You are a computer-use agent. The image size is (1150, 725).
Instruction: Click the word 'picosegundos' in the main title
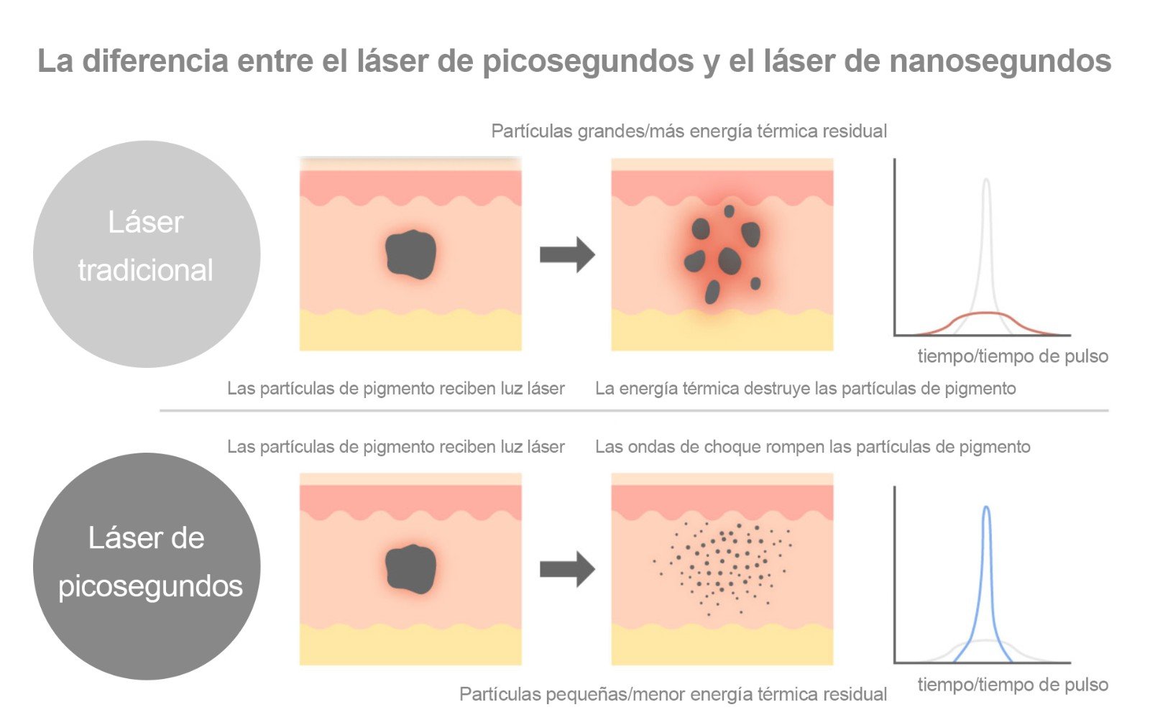[588, 62]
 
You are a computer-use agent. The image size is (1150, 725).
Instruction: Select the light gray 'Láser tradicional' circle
[147, 254]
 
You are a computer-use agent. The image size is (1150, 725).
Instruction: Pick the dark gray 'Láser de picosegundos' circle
[147, 566]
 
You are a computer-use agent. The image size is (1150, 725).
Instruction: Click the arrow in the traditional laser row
[567, 254]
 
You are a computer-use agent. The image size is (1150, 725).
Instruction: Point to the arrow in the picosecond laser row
[567, 569]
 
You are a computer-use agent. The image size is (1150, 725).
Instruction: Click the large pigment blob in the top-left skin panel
[410, 254]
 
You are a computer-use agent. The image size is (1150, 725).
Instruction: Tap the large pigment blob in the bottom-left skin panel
[410, 569]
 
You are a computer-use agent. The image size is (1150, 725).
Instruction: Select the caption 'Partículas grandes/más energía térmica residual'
[689, 131]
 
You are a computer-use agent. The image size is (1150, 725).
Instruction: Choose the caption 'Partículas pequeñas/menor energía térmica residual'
[673, 694]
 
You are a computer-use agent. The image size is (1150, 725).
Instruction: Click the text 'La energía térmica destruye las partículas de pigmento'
[805, 389]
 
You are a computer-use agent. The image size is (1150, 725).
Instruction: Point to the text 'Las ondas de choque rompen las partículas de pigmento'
[812, 447]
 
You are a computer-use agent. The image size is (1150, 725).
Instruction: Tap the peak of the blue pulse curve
[986, 509]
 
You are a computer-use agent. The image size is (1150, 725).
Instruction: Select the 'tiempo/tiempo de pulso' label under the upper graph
[1012, 356]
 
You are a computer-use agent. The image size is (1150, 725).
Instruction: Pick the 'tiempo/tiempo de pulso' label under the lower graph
[1012, 685]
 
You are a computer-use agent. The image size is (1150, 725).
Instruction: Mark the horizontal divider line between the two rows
[632, 411]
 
